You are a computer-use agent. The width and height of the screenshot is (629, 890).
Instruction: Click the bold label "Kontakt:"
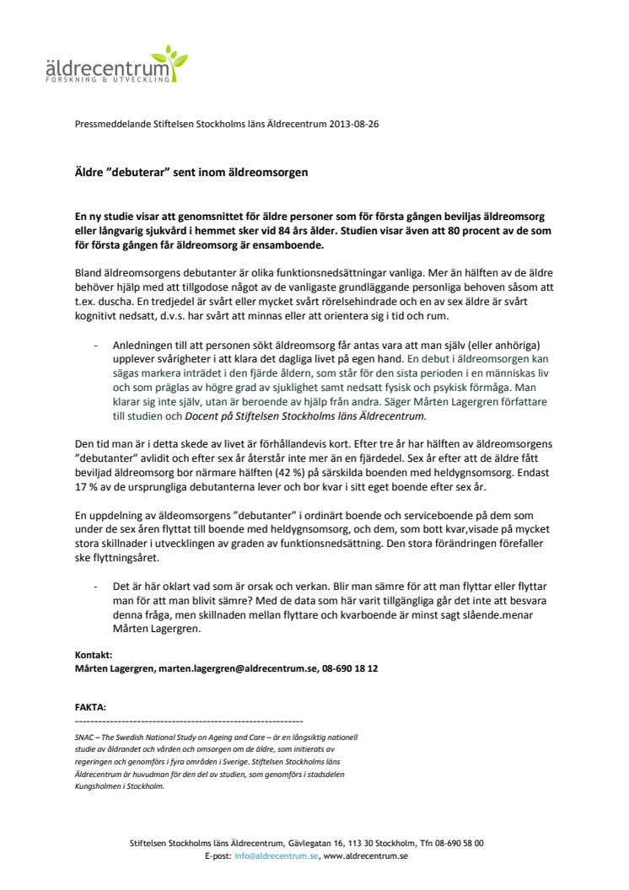pos(93,655)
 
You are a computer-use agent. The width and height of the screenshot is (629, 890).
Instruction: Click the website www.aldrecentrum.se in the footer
pos(366,855)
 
